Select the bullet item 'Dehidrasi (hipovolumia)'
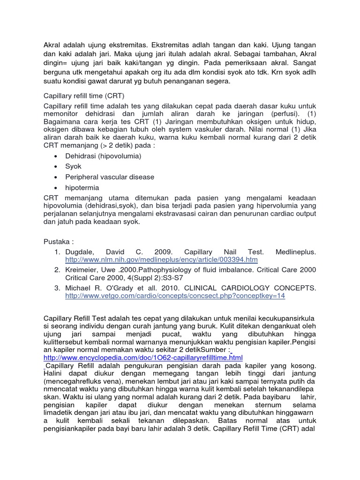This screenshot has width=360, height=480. pos(103,156)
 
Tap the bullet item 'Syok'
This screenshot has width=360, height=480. pos(73,166)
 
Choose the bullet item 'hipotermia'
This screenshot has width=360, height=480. pos(82,188)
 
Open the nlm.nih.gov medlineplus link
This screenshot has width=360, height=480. pos(161,260)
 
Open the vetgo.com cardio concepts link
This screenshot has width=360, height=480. pos(175,296)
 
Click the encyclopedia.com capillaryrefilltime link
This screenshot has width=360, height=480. pos(143,358)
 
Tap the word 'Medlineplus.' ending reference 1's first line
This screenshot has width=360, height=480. pos(294,252)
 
